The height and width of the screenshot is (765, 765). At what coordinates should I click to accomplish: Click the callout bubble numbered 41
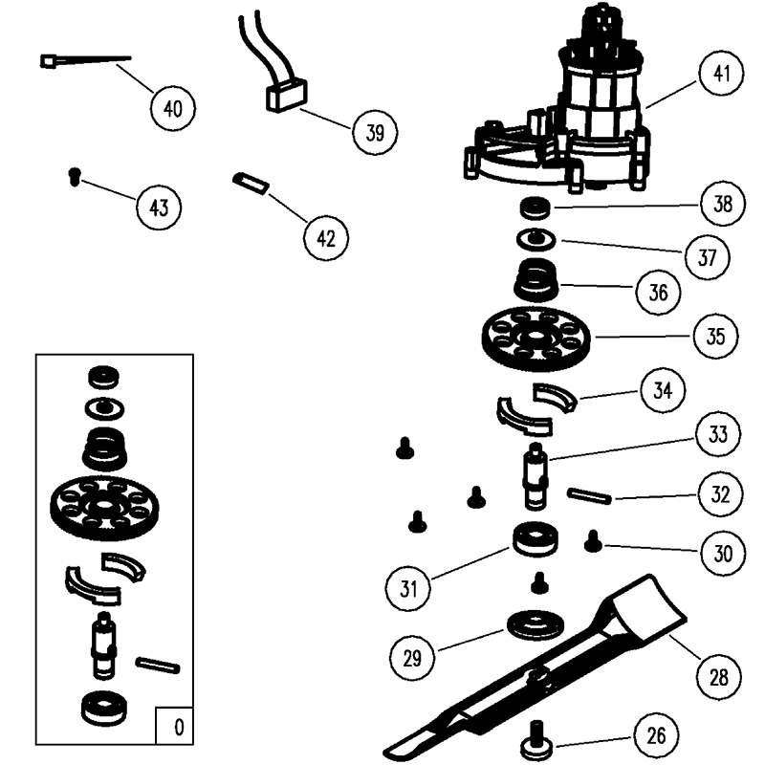pyautogui.click(x=720, y=74)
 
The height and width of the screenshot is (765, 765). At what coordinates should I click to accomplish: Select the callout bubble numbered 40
pyautogui.click(x=172, y=107)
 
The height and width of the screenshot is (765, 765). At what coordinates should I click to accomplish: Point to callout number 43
pyautogui.click(x=159, y=206)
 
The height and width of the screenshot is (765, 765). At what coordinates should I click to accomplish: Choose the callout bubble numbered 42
pyautogui.click(x=326, y=237)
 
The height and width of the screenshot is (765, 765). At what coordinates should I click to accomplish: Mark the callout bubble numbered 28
pyautogui.click(x=718, y=678)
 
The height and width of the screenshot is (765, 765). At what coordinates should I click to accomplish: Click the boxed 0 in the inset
pyautogui.click(x=177, y=727)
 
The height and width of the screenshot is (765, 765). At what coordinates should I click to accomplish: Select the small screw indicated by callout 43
pyautogui.click(x=74, y=174)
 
